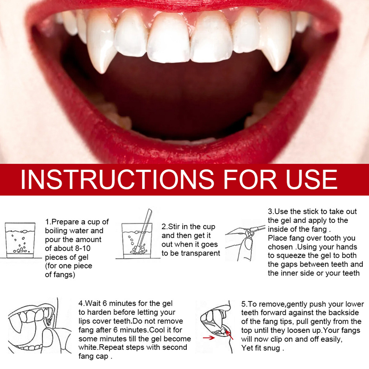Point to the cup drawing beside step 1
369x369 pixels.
click(20, 240)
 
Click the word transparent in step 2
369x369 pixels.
click(200, 253)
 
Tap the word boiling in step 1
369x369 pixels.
click(56, 231)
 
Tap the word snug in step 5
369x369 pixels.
click(271, 348)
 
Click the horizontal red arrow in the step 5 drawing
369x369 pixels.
click(209, 338)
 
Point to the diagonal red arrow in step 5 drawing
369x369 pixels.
click(229, 335)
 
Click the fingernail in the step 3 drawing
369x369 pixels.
click(249, 243)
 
